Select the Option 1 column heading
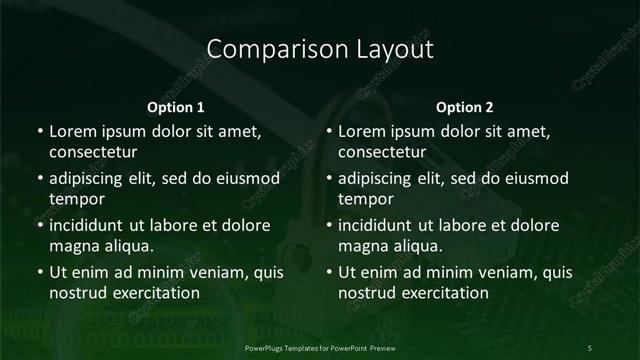(x=176, y=106)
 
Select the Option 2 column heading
(x=466, y=106)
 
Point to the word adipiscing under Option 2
(x=382, y=178)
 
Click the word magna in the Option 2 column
(x=362, y=246)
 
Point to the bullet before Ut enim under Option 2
(x=329, y=272)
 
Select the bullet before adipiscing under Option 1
(x=39, y=178)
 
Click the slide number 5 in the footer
(x=590, y=346)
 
